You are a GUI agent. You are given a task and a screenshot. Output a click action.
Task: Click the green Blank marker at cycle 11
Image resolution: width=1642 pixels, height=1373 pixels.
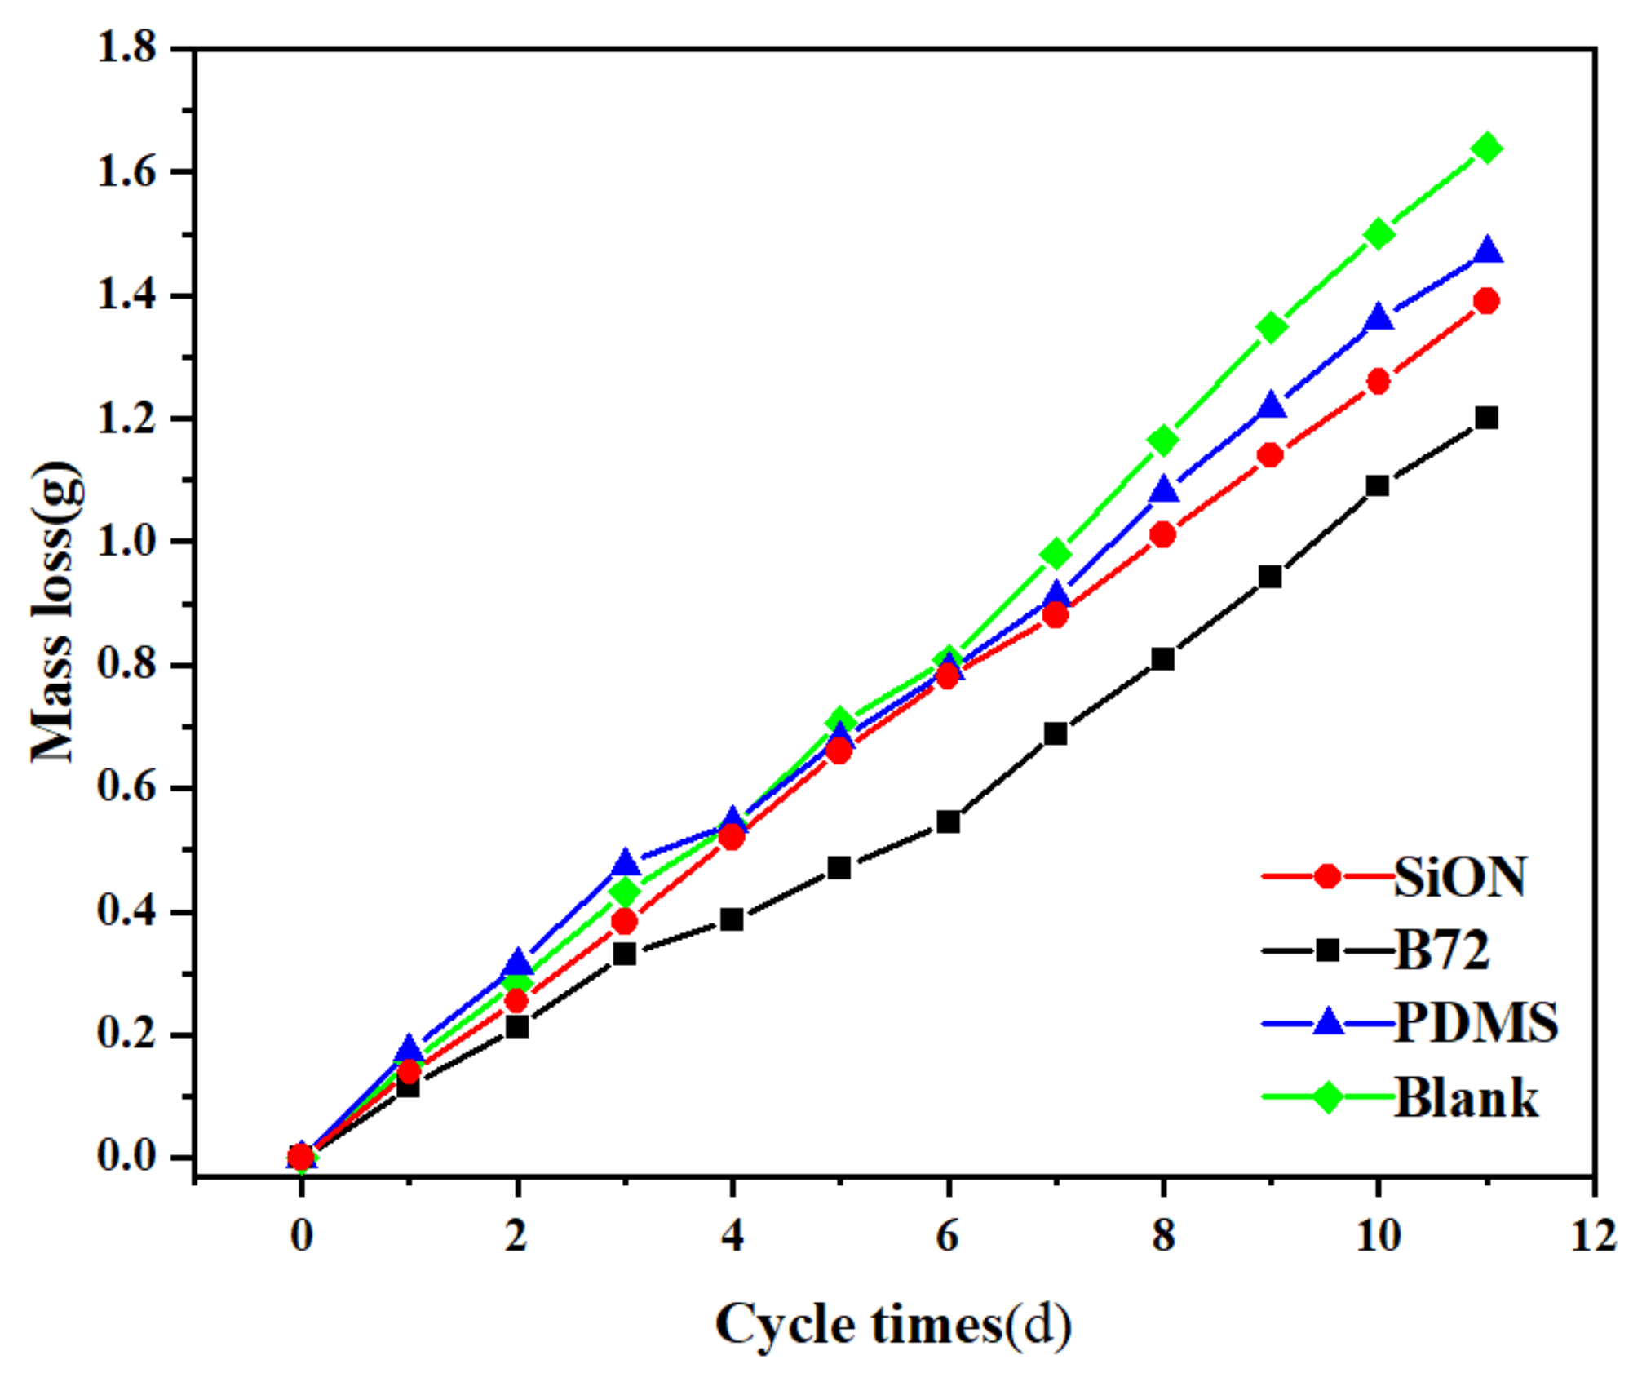coord(1486,148)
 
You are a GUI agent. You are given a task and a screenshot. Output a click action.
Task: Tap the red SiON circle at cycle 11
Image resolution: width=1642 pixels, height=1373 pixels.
coord(1486,300)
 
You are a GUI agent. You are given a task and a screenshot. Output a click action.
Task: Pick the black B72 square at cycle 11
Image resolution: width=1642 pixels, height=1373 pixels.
coord(1486,418)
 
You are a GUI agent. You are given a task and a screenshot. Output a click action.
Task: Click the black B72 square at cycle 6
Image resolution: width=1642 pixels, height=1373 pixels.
coord(948,822)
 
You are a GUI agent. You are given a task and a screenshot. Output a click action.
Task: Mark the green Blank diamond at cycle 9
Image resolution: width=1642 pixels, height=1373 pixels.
coord(1271,327)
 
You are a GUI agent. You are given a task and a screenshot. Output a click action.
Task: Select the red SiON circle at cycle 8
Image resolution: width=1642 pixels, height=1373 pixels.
coord(1163,535)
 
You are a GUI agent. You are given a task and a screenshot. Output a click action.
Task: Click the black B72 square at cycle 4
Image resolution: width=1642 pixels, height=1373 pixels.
coord(732,919)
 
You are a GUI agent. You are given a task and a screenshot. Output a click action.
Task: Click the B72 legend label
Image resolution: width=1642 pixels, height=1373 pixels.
coord(1442,950)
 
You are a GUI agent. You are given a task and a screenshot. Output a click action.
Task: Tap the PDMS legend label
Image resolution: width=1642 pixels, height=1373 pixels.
coord(1475,1021)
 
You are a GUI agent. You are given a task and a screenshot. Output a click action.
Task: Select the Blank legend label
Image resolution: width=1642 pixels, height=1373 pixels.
coord(1466,1097)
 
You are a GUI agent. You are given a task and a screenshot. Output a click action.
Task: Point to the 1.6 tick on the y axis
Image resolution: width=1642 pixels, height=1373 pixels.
coord(126,172)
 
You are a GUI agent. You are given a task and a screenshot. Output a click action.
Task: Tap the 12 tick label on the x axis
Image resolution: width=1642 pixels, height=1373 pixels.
coord(1592,1236)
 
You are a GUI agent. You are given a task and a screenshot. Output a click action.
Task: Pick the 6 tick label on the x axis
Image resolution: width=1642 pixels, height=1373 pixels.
coord(947,1236)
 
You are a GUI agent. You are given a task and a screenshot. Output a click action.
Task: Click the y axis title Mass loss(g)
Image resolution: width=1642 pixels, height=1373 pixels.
coord(55,612)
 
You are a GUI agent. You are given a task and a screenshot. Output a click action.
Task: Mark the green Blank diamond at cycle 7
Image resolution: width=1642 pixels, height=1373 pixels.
coord(1056,554)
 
